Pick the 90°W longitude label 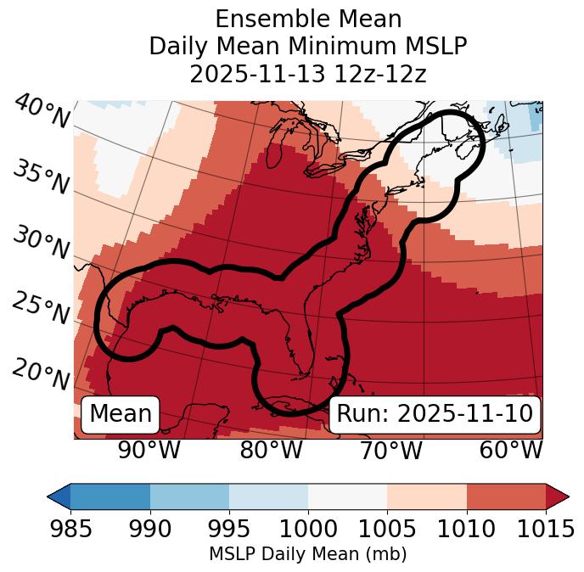point(149,451)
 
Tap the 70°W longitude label point(391,451)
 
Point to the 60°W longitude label point(511,451)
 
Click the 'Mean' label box point(121,414)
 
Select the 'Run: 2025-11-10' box point(435,414)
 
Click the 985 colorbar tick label point(70,530)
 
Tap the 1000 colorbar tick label point(308,530)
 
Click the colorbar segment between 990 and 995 point(189,496)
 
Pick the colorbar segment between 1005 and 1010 point(427,496)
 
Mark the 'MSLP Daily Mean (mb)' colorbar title point(307,554)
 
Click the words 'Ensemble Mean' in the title point(307,19)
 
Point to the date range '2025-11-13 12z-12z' point(307,74)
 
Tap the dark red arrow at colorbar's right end point(558,496)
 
